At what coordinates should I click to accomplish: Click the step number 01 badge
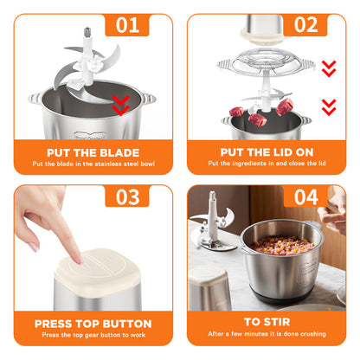(x=127, y=24)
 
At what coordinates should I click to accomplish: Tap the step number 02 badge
(x=305, y=24)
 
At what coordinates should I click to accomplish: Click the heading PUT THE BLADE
(x=92, y=151)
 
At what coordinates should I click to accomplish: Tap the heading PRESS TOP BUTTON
(x=92, y=324)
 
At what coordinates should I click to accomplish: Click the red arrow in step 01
(x=122, y=105)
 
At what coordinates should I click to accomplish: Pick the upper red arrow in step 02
(x=327, y=67)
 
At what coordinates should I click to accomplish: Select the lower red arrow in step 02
(x=327, y=106)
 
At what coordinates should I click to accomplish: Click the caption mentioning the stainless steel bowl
(x=92, y=164)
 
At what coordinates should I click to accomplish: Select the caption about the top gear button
(x=92, y=335)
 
